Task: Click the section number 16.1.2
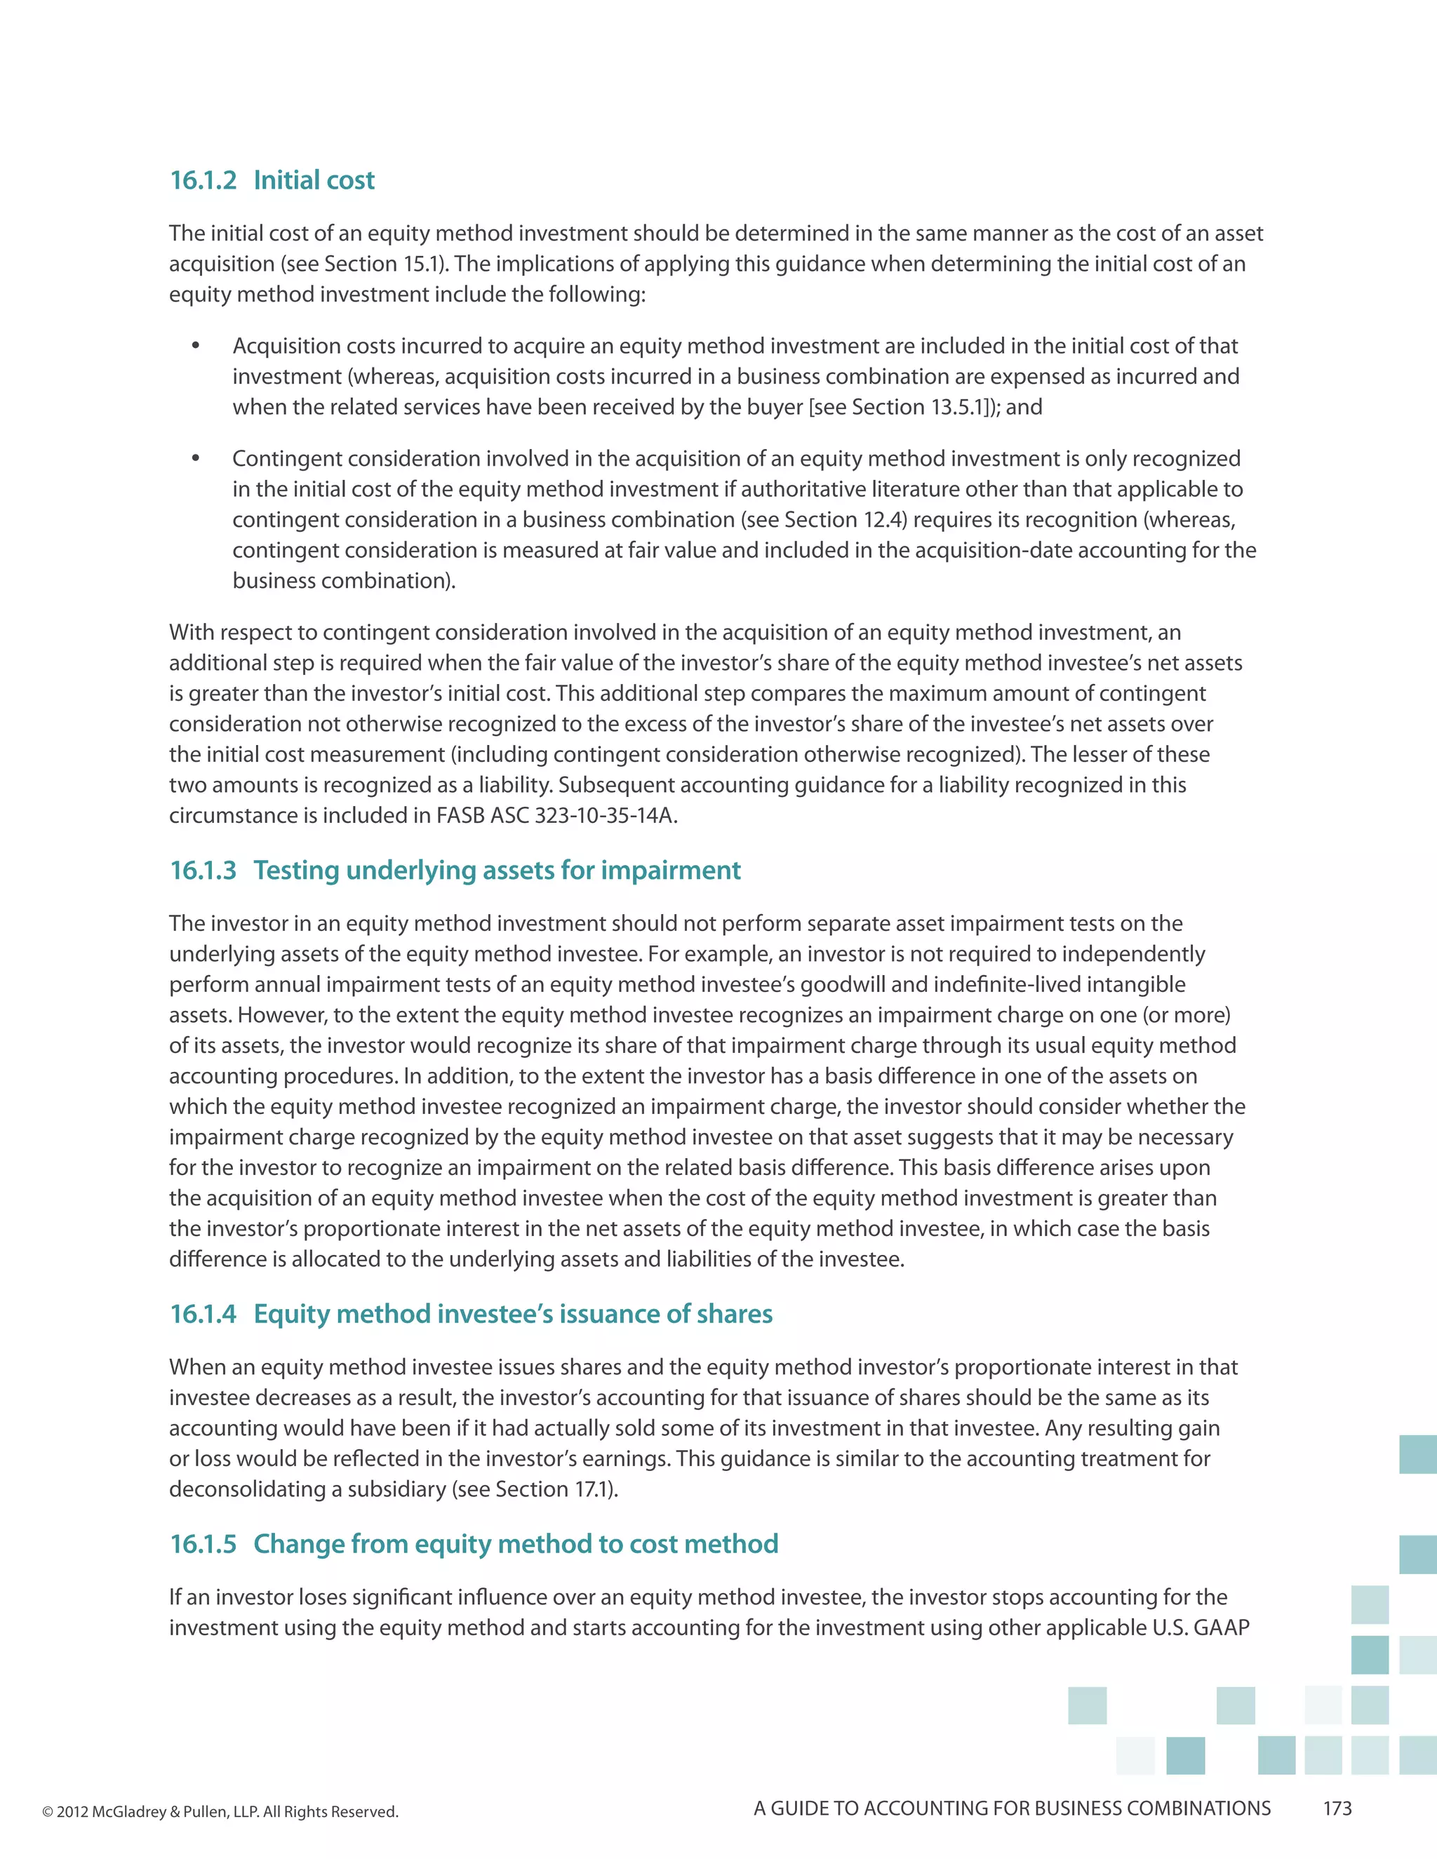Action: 203,180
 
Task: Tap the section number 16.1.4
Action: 203,1313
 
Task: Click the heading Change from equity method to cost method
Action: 515,1543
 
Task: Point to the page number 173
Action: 1337,1808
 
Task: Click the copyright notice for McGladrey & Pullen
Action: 220,1811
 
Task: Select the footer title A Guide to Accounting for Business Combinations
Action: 1011,1808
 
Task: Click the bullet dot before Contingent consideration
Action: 196,458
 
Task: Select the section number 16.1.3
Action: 203,870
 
